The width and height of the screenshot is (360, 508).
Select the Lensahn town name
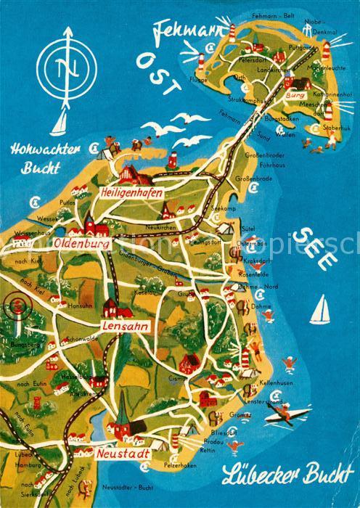(x=125, y=327)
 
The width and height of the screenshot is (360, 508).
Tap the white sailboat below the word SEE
(x=318, y=310)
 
